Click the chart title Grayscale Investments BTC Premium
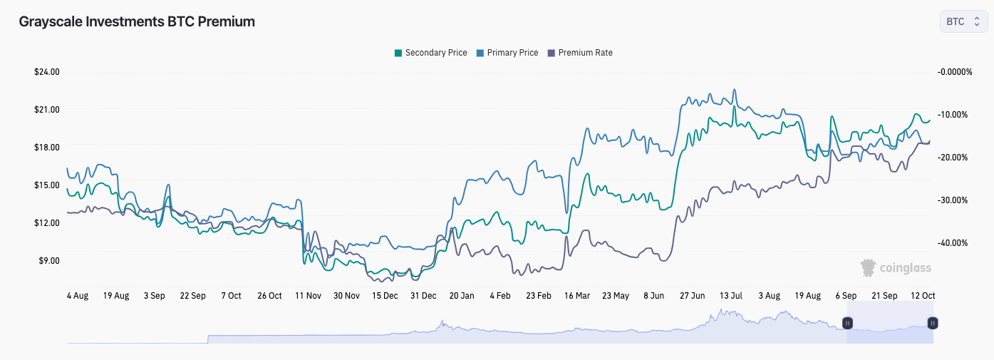[137, 21]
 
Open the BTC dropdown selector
[963, 21]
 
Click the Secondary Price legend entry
[431, 53]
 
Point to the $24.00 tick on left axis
[46, 72]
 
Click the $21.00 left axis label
[46, 110]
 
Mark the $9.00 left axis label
[48, 261]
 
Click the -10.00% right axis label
[953, 115]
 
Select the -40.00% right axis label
[953, 243]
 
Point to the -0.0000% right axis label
[955, 72]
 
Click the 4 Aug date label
[78, 295]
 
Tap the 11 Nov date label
[309, 295]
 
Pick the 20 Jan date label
[462, 295]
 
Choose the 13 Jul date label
[731, 295]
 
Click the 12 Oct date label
[923, 295]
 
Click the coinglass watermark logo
[896, 268]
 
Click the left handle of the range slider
[847, 323]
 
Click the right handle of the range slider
[933, 323]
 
